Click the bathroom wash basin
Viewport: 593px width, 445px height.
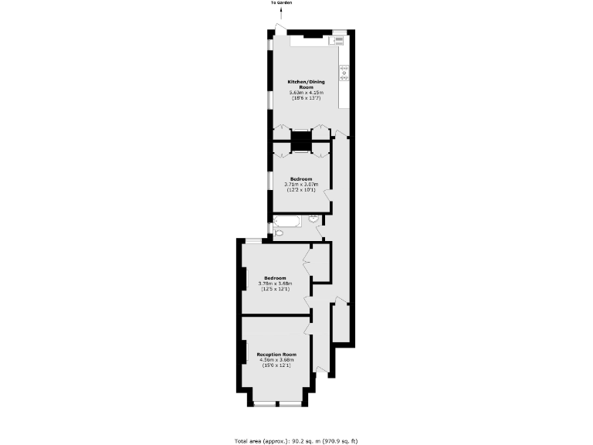pos(314,219)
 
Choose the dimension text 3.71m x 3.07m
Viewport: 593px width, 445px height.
pos(301,185)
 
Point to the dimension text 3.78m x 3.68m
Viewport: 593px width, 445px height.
pos(275,284)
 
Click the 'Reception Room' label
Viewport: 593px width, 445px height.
pos(276,355)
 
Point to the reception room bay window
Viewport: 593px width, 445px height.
pos(277,404)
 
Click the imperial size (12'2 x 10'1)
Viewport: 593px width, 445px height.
pos(301,190)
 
